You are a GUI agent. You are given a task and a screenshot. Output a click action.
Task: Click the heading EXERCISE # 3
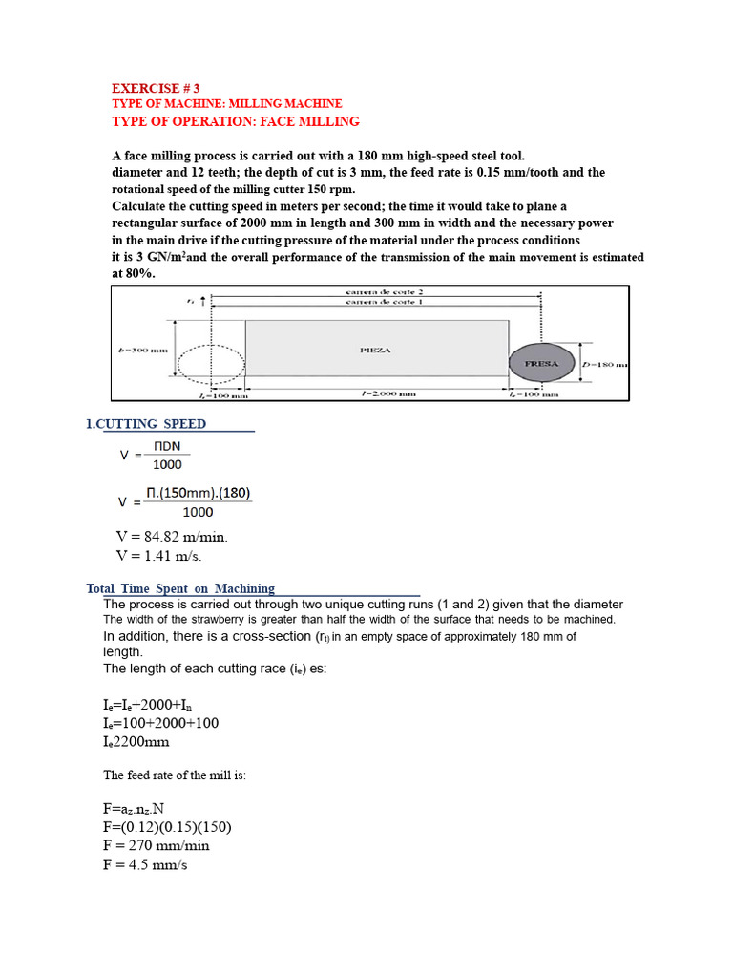(x=156, y=87)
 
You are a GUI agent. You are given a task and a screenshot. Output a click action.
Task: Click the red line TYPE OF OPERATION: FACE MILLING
(x=236, y=121)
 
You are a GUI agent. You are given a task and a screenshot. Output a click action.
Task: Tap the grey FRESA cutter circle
(x=540, y=363)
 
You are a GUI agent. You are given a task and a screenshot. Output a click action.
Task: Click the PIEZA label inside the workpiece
(x=375, y=351)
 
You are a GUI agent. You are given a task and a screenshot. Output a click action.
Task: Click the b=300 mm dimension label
(x=143, y=351)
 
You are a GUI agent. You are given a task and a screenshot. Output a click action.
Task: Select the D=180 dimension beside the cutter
(x=603, y=364)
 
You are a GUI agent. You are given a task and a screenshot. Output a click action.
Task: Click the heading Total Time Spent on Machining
(x=180, y=588)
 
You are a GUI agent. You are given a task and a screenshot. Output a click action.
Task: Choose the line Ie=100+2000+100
(x=161, y=723)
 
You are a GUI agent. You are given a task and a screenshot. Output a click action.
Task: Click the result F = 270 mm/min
(x=157, y=845)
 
